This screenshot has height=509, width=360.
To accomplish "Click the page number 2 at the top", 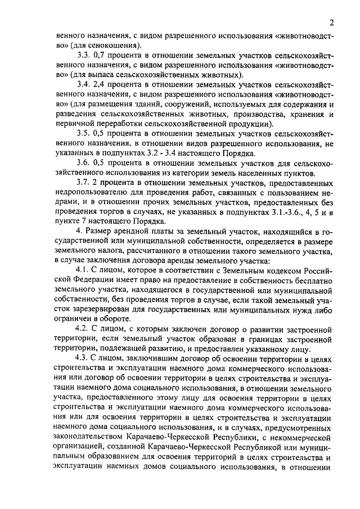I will click(x=332, y=23).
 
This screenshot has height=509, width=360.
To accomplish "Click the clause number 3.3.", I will click(x=83, y=55).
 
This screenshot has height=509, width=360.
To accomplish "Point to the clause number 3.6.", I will click(x=83, y=163).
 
